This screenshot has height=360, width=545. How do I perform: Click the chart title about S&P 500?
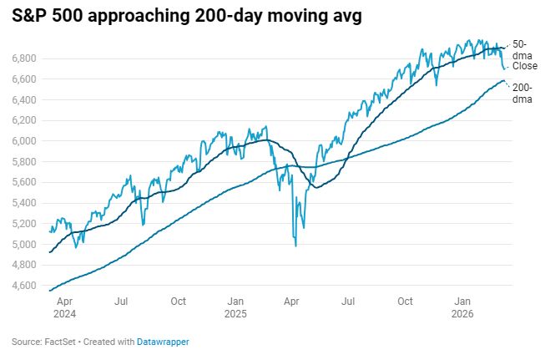click(x=186, y=18)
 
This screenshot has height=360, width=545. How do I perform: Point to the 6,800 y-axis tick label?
click(x=24, y=58)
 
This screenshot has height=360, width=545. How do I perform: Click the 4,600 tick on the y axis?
click(x=24, y=286)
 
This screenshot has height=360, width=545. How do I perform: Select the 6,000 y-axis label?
click(x=24, y=140)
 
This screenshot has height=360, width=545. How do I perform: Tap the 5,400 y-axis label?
click(x=24, y=203)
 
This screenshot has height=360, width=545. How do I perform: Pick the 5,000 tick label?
click(x=24, y=244)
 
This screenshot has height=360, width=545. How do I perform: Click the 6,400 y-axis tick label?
click(x=24, y=99)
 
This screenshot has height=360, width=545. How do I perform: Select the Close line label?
click(x=525, y=66)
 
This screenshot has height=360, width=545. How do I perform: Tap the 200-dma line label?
click(x=522, y=93)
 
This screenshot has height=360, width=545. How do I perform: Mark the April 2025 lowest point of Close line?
click(x=295, y=245)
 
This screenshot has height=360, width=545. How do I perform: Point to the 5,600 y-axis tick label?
click(x=24, y=182)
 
